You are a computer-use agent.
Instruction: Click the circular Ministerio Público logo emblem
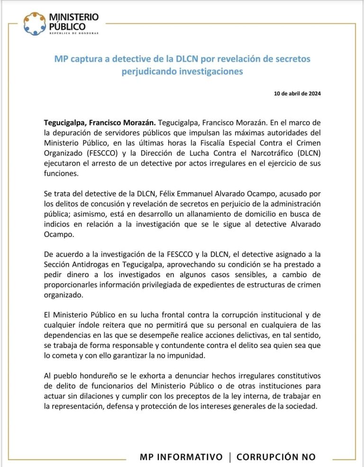[35, 24]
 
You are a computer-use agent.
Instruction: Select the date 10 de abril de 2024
[297, 93]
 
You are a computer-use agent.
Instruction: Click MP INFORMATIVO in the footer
[181, 457]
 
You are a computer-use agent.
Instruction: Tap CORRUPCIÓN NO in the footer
[276, 457]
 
